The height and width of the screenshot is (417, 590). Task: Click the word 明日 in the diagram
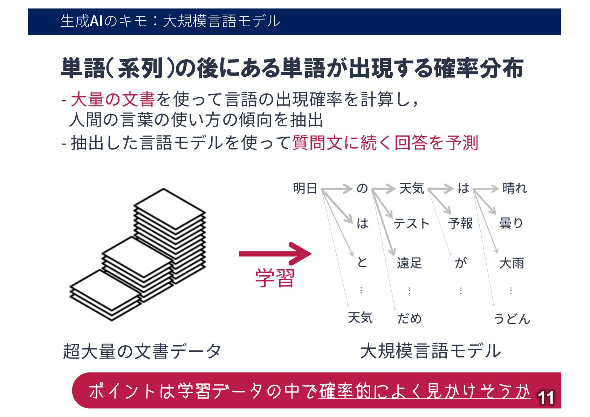304,188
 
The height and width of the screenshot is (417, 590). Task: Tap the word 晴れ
514,188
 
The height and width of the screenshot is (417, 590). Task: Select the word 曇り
511,223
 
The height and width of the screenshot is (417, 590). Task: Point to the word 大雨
512,263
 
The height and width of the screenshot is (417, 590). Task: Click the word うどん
512,319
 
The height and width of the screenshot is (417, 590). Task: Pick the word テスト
411,223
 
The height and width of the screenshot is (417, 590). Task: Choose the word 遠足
409,263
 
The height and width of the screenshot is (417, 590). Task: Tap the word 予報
460,223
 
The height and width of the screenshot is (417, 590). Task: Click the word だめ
409,318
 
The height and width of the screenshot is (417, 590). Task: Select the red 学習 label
275,278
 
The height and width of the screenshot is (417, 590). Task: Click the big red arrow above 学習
275,253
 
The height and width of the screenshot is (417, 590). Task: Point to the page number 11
546,398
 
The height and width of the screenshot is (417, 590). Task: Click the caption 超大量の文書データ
142,351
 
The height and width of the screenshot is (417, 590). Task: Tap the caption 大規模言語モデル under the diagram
430,351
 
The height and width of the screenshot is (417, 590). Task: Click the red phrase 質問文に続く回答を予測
385,143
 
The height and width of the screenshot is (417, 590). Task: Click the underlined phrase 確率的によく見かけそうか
424,391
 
